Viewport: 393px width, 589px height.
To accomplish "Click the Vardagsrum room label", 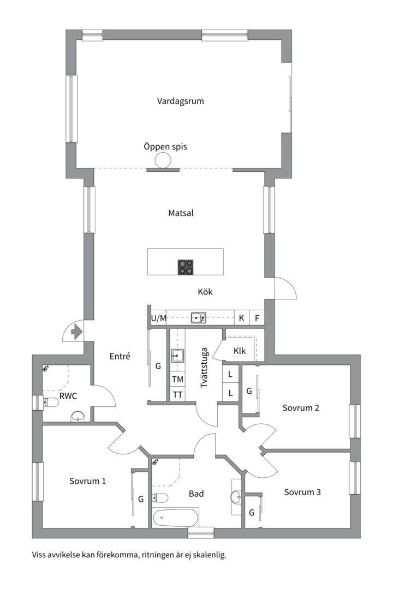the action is (x=181, y=101).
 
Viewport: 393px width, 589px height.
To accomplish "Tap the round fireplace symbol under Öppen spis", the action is (x=163, y=161).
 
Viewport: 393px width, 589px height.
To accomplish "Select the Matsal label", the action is (x=181, y=213).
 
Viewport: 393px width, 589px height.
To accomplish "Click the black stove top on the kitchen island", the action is (x=186, y=267).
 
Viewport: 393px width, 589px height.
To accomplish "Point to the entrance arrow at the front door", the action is (x=77, y=332).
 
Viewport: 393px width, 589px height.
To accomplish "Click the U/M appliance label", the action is (x=158, y=318).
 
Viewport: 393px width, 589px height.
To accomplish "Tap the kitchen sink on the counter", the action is (x=198, y=318).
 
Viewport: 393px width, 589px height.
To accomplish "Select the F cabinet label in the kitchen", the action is (x=257, y=318).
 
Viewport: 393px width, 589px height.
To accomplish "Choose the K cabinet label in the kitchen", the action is (x=241, y=318).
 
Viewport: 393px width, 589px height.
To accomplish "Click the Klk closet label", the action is (x=240, y=351).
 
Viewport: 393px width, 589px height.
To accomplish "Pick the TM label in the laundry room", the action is (x=177, y=380).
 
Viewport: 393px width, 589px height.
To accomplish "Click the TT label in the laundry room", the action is (x=177, y=395).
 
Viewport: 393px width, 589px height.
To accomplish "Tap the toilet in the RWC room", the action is (x=51, y=402).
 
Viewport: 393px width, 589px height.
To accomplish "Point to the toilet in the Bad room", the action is (x=160, y=498).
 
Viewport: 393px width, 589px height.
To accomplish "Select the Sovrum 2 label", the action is (x=301, y=408).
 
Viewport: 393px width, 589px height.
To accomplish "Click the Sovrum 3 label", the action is (x=302, y=492).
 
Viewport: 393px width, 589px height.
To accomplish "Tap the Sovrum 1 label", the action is (x=88, y=481).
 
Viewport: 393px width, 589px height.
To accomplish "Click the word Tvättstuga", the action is (x=204, y=368).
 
